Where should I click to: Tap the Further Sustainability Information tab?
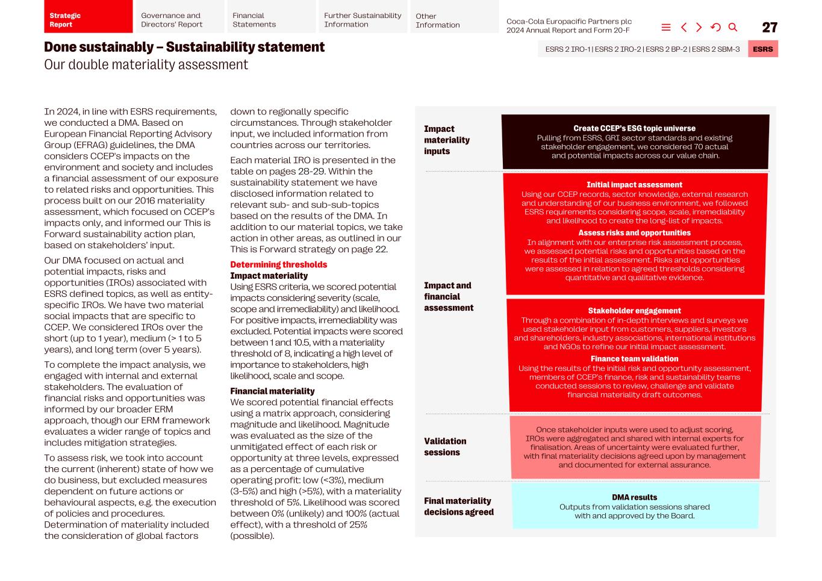pos(363,20)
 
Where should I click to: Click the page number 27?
pos(769,28)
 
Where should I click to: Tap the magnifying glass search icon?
pos(733,28)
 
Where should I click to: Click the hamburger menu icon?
pos(666,28)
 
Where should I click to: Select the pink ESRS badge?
pos(762,49)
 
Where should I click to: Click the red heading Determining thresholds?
pos(278,265)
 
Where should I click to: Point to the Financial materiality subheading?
pos(272,391)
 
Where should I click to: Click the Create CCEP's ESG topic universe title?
pos(634,128)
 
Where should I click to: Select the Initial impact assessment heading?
pos(634,185)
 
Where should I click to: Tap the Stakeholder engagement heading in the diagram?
pos(634,311)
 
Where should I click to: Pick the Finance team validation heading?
pos(634,359)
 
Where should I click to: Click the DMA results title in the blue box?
pos(634,497)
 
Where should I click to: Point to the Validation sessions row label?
pos(445,447)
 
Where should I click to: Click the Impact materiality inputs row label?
pos(447,140)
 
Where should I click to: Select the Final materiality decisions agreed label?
pos(458,506)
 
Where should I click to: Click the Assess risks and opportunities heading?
pos(634,233)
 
